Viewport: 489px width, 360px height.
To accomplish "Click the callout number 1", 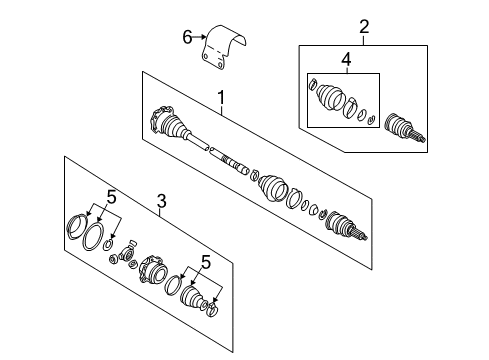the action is click(x=221, y=98).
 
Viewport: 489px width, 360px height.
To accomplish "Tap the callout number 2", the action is click(x=364, y=27).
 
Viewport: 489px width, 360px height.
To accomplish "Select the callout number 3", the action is click(x=161, y=201).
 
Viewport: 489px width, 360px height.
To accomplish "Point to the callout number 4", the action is click(x=346, y=60).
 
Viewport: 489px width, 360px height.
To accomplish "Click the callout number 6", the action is click(x=187, y=37).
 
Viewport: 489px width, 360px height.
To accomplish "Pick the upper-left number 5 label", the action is click(x=111, y=197).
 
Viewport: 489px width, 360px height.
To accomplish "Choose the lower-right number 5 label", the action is click(x=206, y=262).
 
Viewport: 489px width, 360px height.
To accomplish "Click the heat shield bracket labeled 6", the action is click(x=224, y=47).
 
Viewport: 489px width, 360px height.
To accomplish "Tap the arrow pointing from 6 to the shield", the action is click(x=200, y=37).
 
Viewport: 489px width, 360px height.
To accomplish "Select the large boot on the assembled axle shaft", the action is click(x=273, y=188).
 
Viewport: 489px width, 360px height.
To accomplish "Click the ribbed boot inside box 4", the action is click(x=330, y=97).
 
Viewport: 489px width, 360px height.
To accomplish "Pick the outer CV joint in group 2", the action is click(x=404, y=128).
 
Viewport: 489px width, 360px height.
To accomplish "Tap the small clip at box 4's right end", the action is click(x=371, y=119).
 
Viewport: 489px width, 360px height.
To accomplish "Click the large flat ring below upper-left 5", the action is click(x=92, y=236).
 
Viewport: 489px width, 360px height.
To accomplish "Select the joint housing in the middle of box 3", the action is click(x=152, y=269).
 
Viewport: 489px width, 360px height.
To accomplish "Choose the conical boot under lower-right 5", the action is click(x=192, y=296).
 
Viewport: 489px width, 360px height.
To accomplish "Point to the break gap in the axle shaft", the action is click(x=209, y=148).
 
